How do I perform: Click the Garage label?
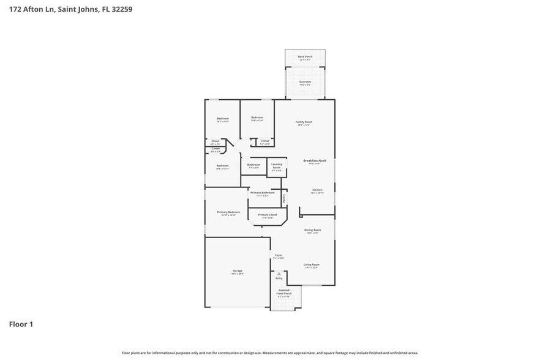coord(237,271)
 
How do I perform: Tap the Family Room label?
coord(304,122)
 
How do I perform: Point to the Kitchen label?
coord(317,190)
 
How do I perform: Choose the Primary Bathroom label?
coord(262,192)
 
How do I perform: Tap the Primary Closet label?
coord(268,215)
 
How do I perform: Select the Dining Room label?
coord(313,230)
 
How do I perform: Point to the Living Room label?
coord(312,264)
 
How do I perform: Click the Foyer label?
coord(279,255)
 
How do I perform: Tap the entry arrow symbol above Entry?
coord(279,273)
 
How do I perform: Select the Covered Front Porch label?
coord(284,291)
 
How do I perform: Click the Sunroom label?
coord(305,81)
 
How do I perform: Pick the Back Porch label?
coord(305,56)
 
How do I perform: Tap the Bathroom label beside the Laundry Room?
coord(254,164)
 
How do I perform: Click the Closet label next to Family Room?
coord(264,141)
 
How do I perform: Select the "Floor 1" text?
coord(21,324)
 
